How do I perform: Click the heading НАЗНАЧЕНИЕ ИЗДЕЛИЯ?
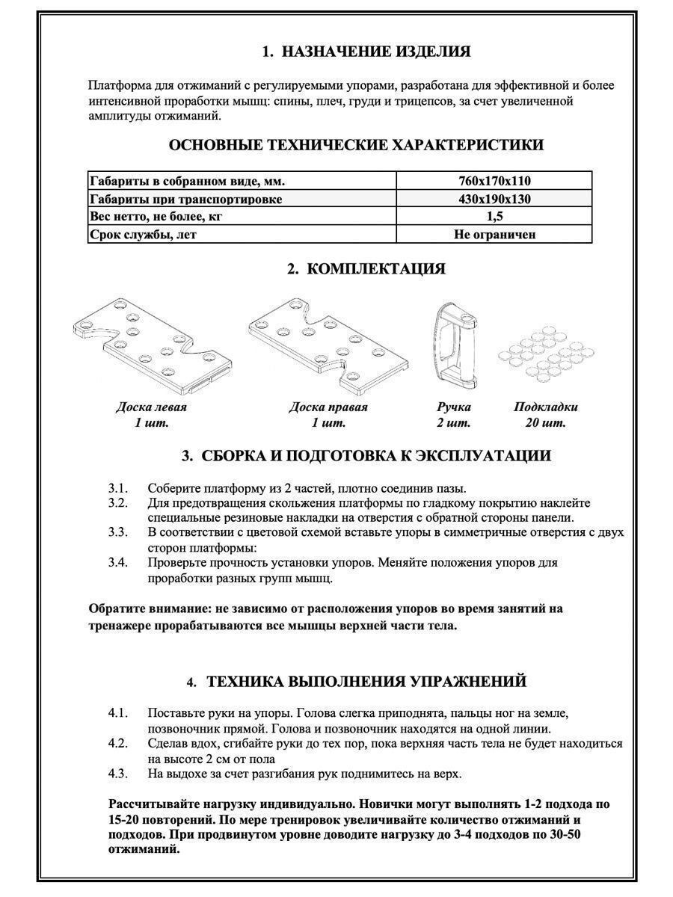click(366, 52)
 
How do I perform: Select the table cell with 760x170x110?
click(494, 181)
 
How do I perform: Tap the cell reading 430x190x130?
click(494, 199)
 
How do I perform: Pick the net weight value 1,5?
click(494, 217)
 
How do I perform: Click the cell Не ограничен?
click(494, 235)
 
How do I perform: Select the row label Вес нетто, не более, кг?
click(156, 217)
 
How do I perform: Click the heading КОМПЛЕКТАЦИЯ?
click(366, 268)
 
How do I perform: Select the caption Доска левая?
click(151, 407)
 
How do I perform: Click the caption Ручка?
click(453, 407)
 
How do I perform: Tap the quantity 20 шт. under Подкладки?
click(545, 424)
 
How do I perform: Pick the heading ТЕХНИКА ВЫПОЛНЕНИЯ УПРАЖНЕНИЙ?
click(366, 682)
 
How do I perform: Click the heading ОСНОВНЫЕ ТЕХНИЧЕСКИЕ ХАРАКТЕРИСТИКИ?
click(357, 145)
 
